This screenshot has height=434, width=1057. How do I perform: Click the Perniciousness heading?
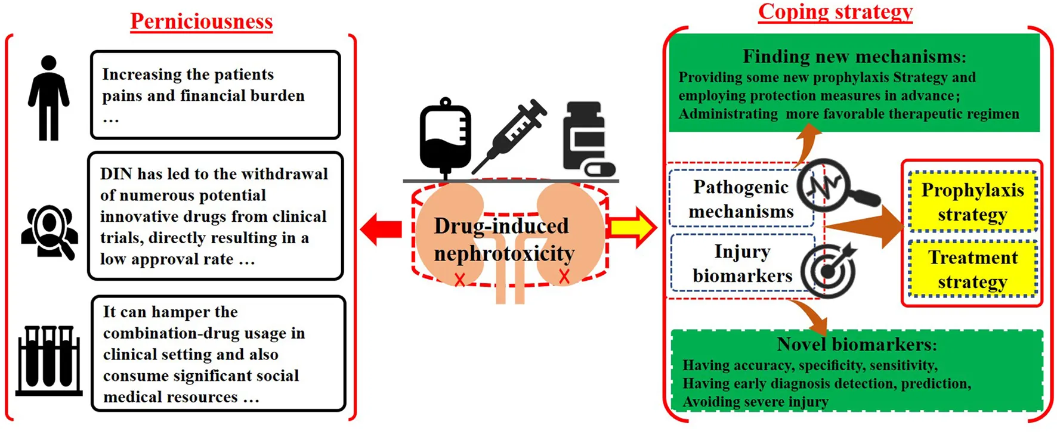(x=202, y=21)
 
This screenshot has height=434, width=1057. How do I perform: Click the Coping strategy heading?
(x=835, y=12)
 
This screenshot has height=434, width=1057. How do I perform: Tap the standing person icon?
(x=49, y=98)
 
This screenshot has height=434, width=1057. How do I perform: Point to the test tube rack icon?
(x=49, y=360)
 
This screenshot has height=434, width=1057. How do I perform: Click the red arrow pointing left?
(x=381, y=228)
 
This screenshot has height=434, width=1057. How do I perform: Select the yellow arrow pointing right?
(x=632, y=227)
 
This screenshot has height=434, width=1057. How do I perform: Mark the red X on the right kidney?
(x=564, y=276)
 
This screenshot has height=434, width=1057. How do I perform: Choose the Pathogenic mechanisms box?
(x=741, y=199)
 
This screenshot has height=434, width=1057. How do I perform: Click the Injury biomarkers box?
(x=742, y=263)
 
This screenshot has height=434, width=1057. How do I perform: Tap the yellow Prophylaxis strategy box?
(x=972, y=201)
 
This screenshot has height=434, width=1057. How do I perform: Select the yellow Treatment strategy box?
(x=972, y=269)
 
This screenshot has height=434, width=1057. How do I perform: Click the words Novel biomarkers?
(x=857, y=345)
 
